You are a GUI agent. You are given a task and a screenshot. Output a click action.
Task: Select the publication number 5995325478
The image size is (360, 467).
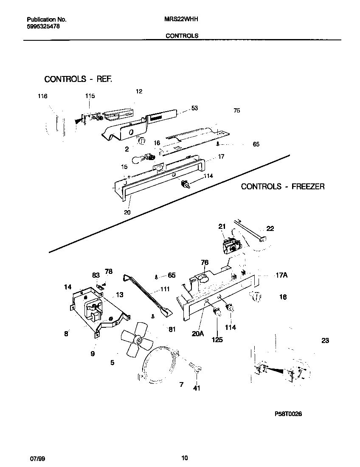pyautogui.click(x=42, y=26)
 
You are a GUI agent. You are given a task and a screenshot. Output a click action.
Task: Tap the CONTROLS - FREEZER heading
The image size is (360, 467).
pyautogui.click(x=283, y=186)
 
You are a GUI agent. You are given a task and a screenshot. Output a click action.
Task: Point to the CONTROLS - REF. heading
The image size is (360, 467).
pyautogui.click(x=78, y=79)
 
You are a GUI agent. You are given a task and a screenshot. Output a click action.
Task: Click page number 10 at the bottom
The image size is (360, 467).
pyautogui.click(x=184, y=458)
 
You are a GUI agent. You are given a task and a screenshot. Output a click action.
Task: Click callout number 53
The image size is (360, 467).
pyautogui.click(x=194, y=108)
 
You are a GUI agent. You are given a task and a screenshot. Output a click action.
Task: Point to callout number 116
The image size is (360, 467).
pyautogui.click(x=42, y=96)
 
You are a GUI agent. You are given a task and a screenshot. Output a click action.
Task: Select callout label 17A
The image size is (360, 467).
pyautogui.click(x=281, y=276)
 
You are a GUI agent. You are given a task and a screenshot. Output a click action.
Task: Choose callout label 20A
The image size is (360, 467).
pyautogui.click(x=198, y=334)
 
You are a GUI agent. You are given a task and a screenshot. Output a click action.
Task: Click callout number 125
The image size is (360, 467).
pyautogui.click(x=217, y=340)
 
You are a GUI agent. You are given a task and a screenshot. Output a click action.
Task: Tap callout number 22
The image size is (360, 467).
pyautogui.click(x=270, y=228)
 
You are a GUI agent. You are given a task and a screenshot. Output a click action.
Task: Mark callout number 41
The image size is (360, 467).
pyautogui.click(x=197, y=388)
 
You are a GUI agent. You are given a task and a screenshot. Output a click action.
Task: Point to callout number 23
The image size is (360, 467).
pyautogui.click(x=325, y=340)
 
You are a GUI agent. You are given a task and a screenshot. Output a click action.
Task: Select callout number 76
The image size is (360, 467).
pyautogui.click(x=205, y=263)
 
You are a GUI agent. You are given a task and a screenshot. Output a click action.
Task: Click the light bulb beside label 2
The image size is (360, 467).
pyautogui.click(x=139, y=159)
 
